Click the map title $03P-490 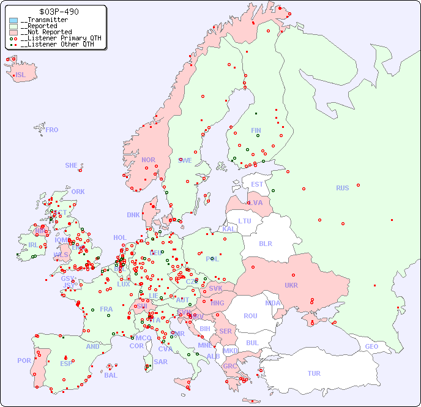point(58,12)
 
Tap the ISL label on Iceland point(21,75)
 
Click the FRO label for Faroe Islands point(52,130)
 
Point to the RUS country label point(342,188)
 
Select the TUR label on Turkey point(314,373)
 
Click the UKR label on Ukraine point(291,285)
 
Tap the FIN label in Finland point(256,130)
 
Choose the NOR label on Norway point(148,160)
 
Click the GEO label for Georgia point(371,346)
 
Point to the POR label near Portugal point(24,360)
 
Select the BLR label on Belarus point(265,243)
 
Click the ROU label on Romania point(250,316)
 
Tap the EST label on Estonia point(257,184)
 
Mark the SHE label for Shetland point(72,165)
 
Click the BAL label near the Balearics point(111,375)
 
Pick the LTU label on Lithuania point(245,221)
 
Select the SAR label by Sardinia point(160,362)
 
